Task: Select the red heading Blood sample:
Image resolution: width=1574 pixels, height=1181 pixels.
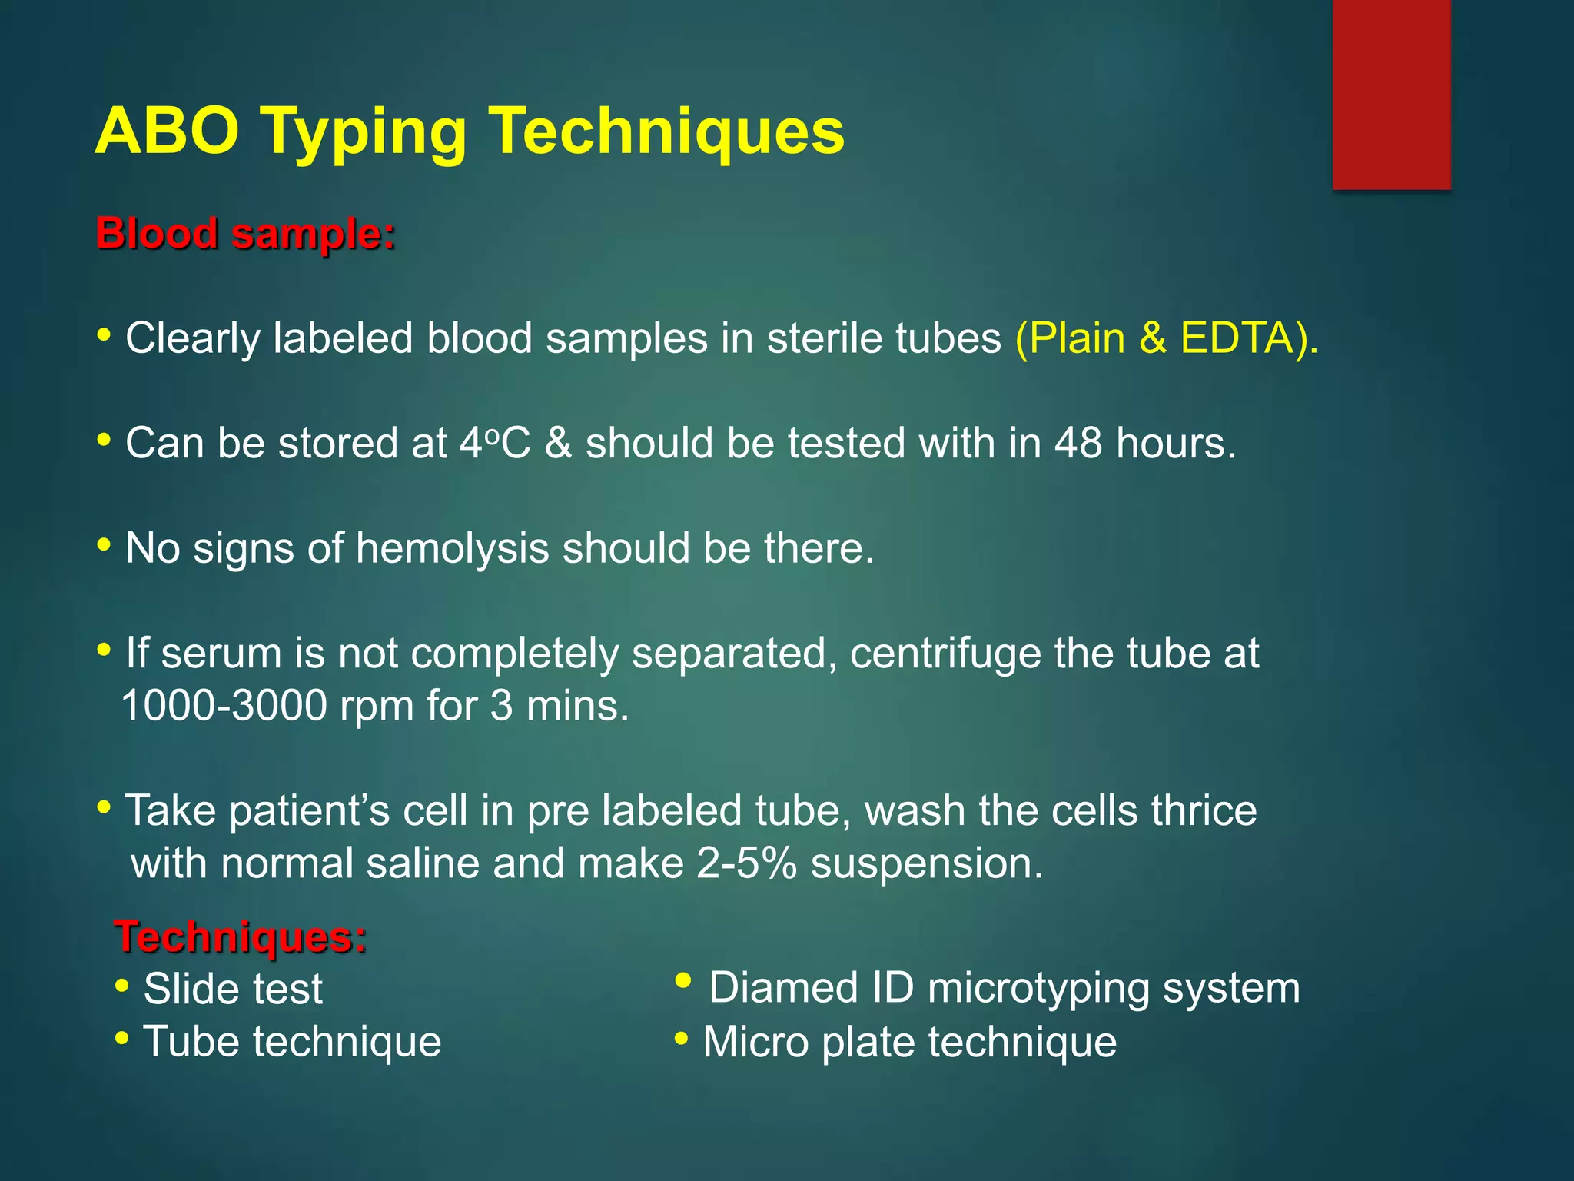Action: [x=245, y=233]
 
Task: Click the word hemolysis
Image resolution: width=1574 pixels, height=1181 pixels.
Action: [x=452, y=549]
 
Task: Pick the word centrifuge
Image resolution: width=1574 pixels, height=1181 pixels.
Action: [x=945, y=654]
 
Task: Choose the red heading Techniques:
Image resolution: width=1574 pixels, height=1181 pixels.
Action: [x=241, y=936]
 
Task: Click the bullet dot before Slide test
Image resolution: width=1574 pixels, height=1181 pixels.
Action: [x=121, y=986]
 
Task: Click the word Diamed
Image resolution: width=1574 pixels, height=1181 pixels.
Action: [x=783, y=988]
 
